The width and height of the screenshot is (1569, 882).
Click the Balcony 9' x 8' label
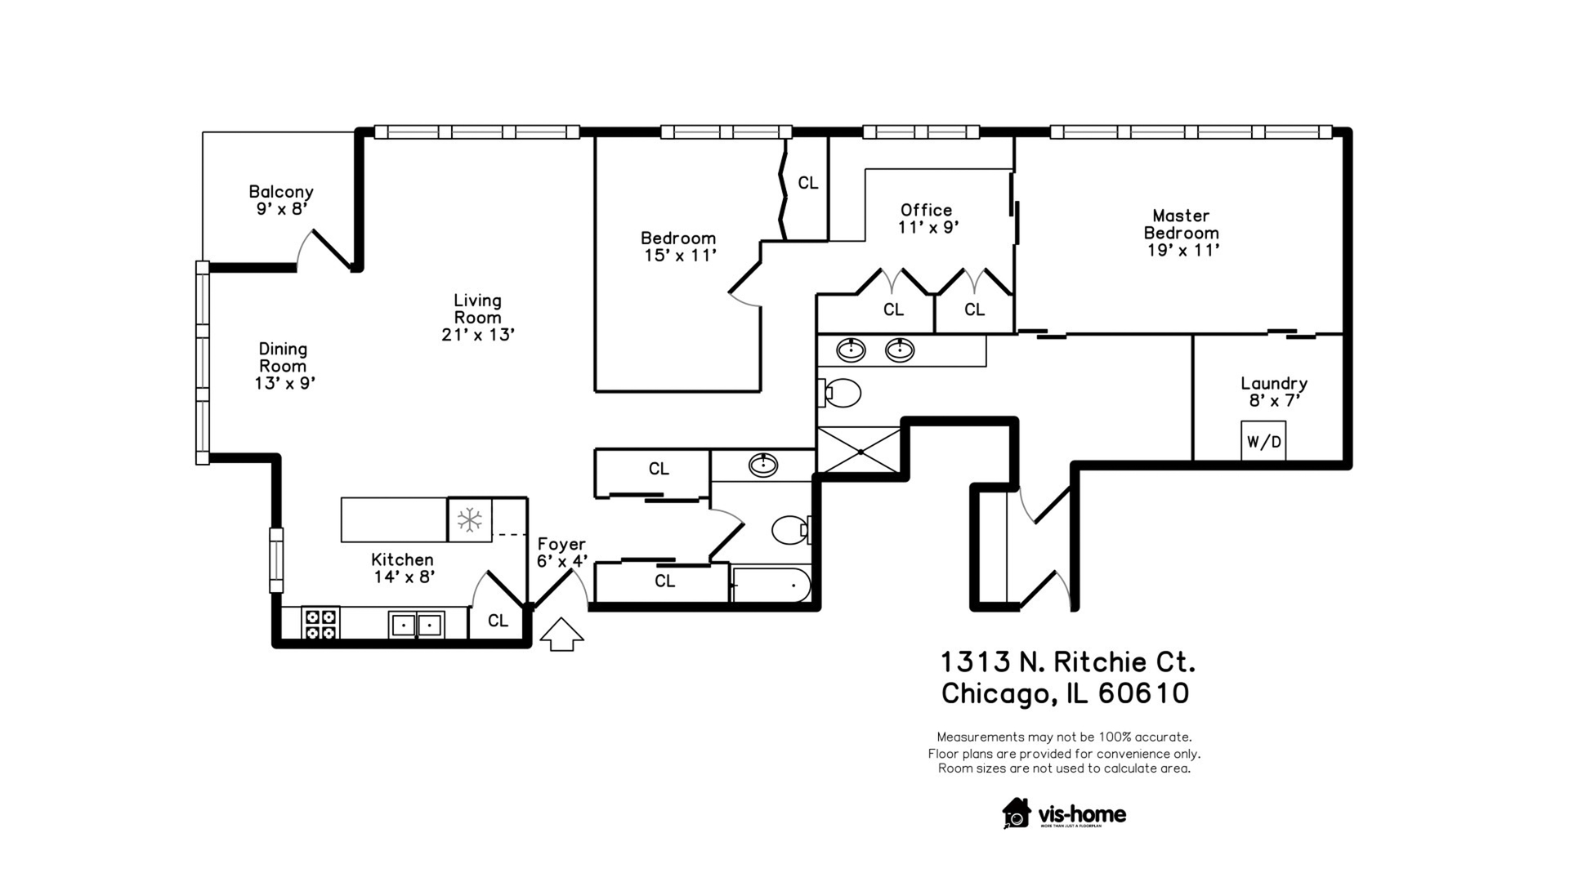[281, 200]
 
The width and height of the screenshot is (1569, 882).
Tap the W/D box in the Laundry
[1263, 442]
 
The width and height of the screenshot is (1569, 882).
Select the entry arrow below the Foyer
[561, 635]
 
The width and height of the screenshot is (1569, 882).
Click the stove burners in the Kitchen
[320, 625]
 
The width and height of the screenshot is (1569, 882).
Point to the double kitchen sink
[417, 625]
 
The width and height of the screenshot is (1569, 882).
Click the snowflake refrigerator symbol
[470, 519]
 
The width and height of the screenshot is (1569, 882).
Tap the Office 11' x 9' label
[927, 218]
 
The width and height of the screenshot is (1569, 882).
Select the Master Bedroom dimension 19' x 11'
[1182, 250]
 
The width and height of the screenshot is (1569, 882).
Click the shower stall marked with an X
[858, 449]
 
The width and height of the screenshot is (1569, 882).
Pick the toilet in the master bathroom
[841, 393]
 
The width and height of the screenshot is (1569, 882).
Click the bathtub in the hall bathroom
[771, 586]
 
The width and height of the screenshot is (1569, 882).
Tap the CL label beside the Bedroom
[807, 183]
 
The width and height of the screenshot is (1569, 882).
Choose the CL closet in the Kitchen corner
[498, 621]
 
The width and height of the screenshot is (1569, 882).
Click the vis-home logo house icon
[1017, 813]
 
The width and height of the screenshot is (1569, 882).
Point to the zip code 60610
[1143, 693]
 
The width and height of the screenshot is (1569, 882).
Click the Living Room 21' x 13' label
[478, 318]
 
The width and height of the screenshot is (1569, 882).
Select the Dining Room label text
[283, 358]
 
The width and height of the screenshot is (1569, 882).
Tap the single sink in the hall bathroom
[763, 465]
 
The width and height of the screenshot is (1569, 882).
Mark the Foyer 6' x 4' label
[562, 553]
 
